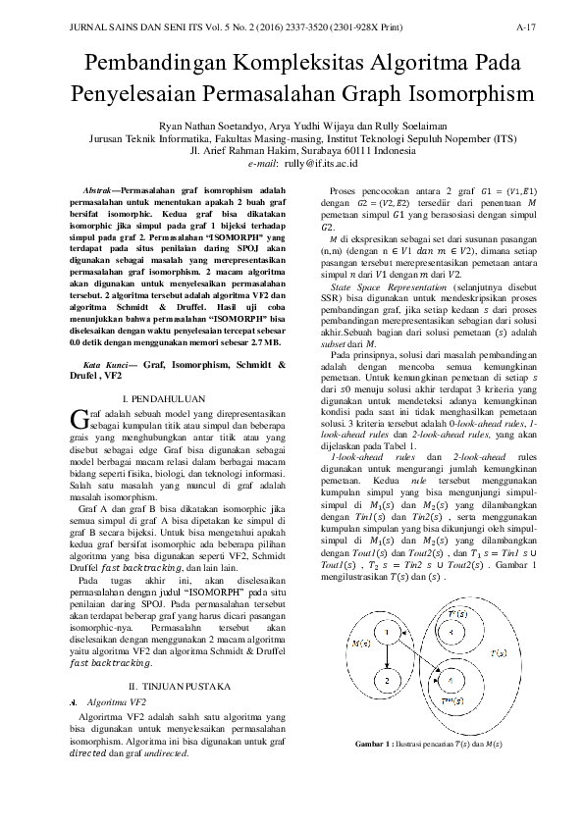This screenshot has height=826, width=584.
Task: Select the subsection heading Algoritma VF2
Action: click(116, 703)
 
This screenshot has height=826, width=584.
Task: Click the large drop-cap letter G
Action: click(80, 419)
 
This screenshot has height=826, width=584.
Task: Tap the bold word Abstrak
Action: click(95, 187)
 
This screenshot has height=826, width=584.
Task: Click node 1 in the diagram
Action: click(388, 632)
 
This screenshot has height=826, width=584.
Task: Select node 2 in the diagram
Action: click(388, 680)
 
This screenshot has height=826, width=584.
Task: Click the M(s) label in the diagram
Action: click(359, 643)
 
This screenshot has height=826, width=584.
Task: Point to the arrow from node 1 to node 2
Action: click(388, 656)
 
